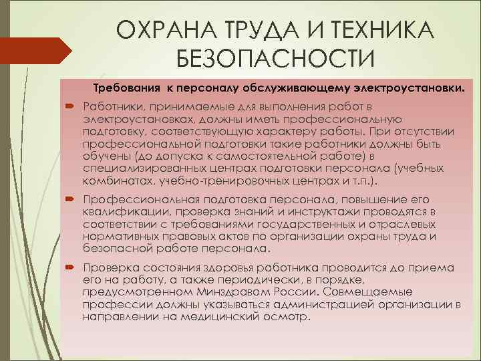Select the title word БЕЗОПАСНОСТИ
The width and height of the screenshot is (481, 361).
click(x=275, y=59)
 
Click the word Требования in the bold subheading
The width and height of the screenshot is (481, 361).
click(x=126, y=88)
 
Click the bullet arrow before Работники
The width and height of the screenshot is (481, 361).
click(x=70, y=106)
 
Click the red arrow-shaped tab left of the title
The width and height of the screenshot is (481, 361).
click(x=33, y=48)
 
